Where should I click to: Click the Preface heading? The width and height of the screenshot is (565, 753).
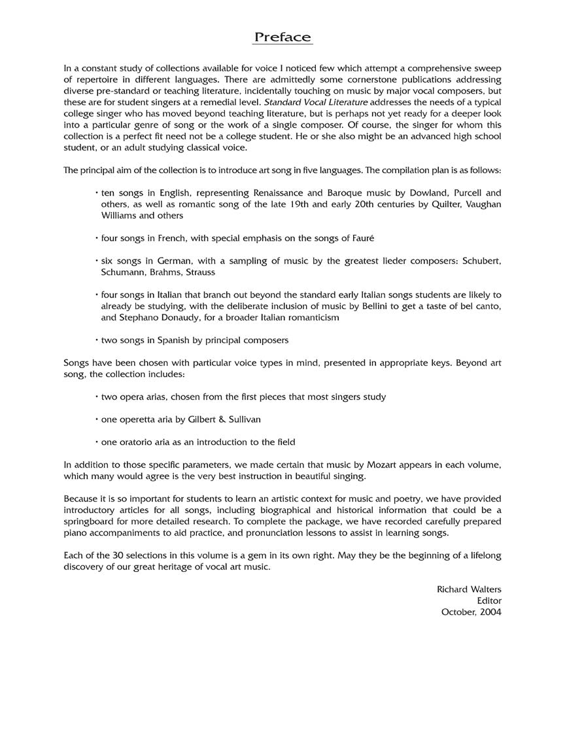pyautogui.click(x=282, y=37)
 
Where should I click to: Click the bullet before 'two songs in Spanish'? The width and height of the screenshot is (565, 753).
pyautogui.click(x=97, y=341)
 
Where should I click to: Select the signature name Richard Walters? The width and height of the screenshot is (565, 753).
pyautogui.click(x=469, y=589)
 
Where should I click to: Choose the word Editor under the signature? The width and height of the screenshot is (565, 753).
pyautogui.click(x=489, y=601)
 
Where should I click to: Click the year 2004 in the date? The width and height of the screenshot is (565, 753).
pyautogui.click(x=490, y=612)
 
